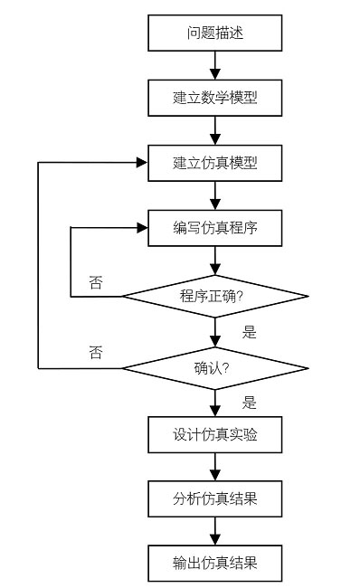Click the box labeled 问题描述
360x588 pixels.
tap(214, 34)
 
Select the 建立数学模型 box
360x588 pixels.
tap(214, 98)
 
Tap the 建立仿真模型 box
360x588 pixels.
tap(214, 163)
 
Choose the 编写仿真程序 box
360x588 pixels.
tap(214, 227)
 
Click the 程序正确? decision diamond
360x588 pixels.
tap(214, 296)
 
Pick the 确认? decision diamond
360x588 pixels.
tap(214, 367)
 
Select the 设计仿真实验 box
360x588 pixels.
tap(214, 434)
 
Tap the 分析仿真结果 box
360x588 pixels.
tap(214, 498)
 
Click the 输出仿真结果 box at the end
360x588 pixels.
tap(214, 563)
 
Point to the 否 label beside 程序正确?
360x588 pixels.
tap(96, 282)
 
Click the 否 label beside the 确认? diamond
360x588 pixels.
tap(96, 352)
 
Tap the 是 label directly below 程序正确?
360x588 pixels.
tap(250, 332)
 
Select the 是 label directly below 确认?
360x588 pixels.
tap(250, 402)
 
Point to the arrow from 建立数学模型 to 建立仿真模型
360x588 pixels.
tap(214, 130)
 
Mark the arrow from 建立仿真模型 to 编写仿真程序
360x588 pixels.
tap(214, 195)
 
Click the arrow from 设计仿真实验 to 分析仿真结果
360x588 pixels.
tap(214, 467)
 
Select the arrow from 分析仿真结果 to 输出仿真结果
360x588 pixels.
tap(214, 531)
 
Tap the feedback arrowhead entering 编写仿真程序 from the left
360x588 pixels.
tap(141, 227)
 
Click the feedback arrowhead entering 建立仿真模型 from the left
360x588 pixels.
tap(141, 163)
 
